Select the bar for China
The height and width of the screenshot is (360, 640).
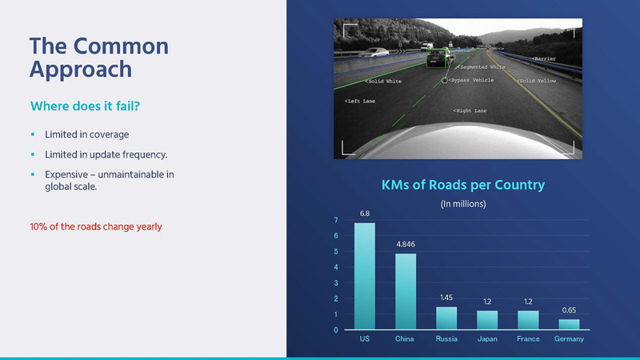tap(406, 291)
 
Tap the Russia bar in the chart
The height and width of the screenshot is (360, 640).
tap(446, 318)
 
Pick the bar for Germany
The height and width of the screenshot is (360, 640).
tap(569, 324)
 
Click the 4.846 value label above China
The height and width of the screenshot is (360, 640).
tap(406, 243)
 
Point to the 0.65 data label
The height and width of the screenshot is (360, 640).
tap(569, 309)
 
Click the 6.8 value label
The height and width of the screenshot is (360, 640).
tap(365, 213)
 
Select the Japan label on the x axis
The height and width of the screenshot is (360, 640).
tap(487, 339)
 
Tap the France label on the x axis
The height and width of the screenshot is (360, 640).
tap(528, 339)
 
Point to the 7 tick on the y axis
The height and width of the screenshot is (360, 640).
tap(336, 220)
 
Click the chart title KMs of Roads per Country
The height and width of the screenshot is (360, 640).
tap(463, 185)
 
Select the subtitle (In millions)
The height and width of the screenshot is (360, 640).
tap(463, 204)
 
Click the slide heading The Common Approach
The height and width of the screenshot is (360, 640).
tap(98, 57)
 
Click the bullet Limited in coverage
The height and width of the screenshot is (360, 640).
tap(86, 134)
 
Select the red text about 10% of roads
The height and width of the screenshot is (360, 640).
tap(95, 226)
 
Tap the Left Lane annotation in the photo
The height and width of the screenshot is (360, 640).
tap(359, 102)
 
